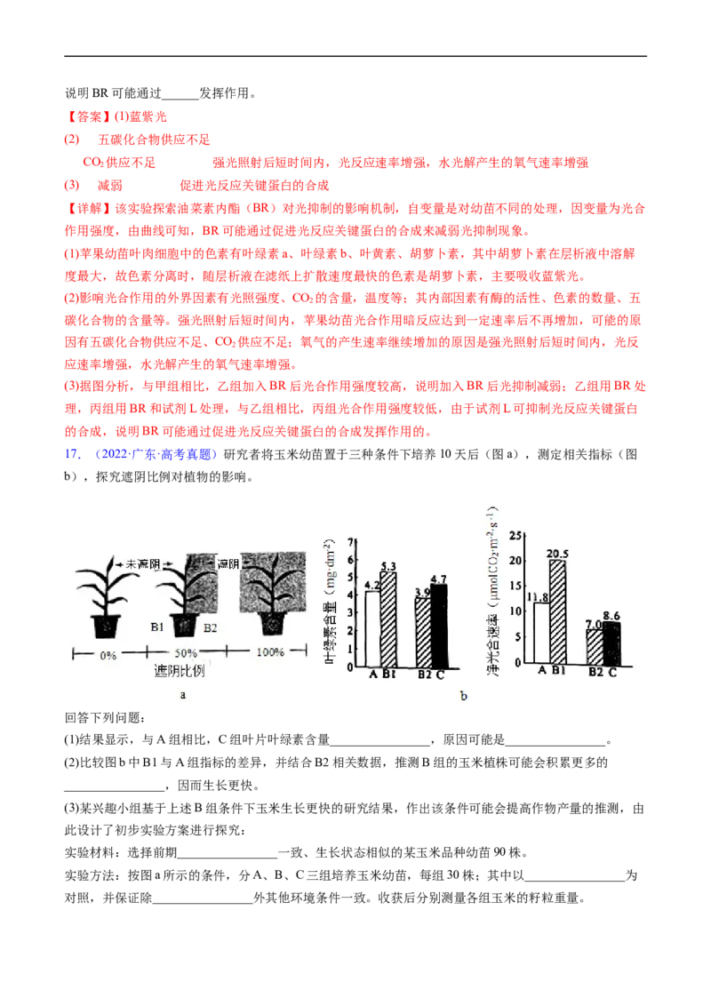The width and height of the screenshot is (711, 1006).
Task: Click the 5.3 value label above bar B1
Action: point(388,566)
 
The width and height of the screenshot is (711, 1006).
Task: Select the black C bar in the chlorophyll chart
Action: point(439,626)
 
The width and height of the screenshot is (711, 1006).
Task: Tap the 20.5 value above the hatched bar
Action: point(557,553)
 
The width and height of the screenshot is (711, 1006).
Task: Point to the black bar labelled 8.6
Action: point(612,643)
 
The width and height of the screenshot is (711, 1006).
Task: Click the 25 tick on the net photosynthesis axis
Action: point(515,535)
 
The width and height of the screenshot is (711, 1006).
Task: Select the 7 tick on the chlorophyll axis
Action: point(350,542)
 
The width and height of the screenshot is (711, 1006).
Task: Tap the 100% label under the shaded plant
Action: point(270,651)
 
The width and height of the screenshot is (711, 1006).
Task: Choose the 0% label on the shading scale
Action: point(108,656)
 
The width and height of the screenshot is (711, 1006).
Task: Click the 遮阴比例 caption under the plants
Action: point(179,670)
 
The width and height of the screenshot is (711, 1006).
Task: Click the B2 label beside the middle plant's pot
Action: point(210,628)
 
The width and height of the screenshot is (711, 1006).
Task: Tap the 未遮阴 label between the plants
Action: point(142,564)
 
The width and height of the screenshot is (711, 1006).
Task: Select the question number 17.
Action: point(73,454)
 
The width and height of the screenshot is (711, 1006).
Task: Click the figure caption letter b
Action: point(464,696)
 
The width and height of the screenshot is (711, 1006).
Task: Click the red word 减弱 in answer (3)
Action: point(109,186)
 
